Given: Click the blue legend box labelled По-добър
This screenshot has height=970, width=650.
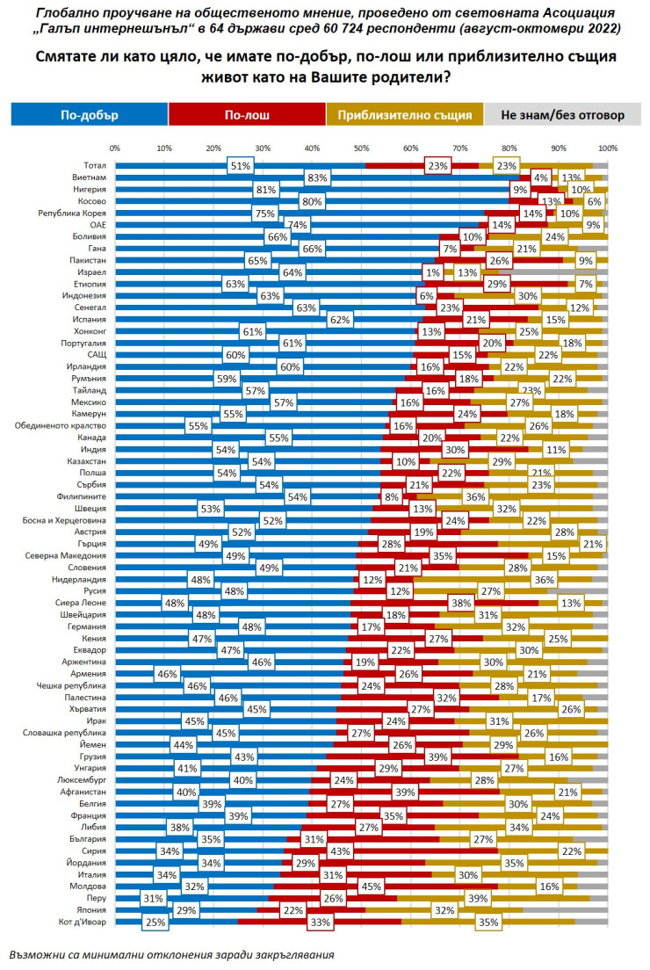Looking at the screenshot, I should click(89, 115).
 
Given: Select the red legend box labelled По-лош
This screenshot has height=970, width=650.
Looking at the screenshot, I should click(247, 115).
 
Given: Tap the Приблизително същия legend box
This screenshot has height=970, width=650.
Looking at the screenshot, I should click(404, 115).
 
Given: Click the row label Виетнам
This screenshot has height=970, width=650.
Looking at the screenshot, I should click(90, 177).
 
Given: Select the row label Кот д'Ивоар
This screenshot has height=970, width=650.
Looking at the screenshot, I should click(85, 923).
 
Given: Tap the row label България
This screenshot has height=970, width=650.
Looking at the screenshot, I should click(89, 839).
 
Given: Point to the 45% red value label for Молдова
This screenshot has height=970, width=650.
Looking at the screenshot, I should click(370, 887).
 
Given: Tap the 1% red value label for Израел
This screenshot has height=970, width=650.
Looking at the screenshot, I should click(430, 272).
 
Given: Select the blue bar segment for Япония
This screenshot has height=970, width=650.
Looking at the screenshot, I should click(220, 911).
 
